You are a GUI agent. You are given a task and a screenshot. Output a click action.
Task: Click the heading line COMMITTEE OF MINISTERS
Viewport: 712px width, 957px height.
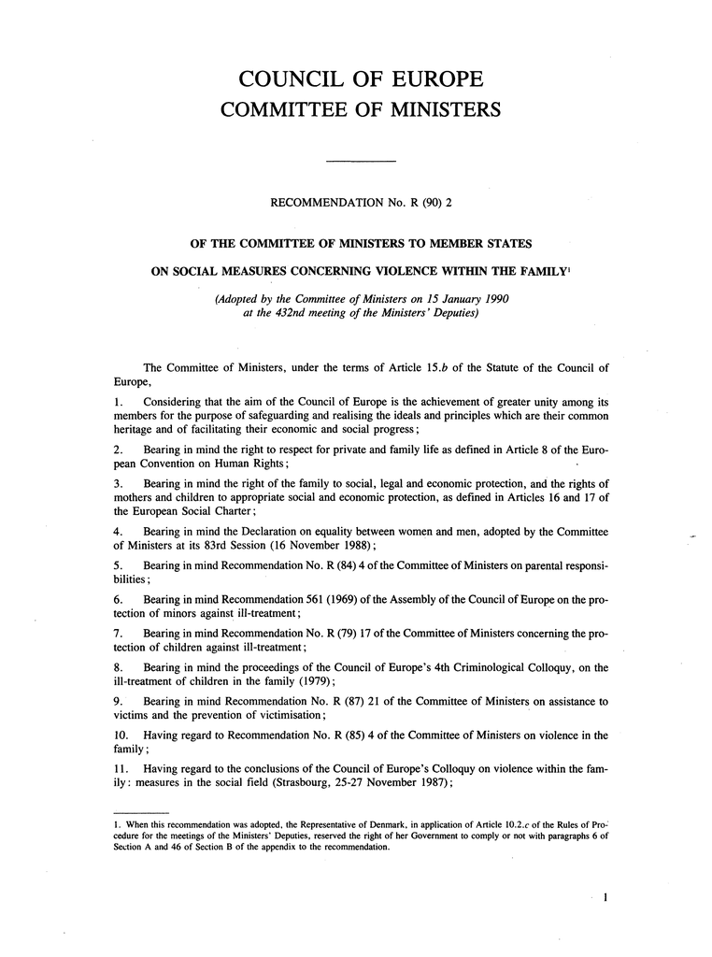click(x=359, y=110)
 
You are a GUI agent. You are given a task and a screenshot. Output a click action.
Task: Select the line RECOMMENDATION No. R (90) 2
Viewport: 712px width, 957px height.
click(x=360, y=202)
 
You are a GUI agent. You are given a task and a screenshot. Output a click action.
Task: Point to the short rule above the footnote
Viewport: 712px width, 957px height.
click(x=139, y=812)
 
